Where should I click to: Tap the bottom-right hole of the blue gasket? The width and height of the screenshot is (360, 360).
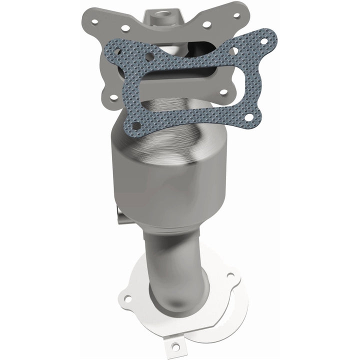click(x=248, y=117)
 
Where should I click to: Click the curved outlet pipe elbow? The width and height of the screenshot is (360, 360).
click(x=170, y=270)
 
